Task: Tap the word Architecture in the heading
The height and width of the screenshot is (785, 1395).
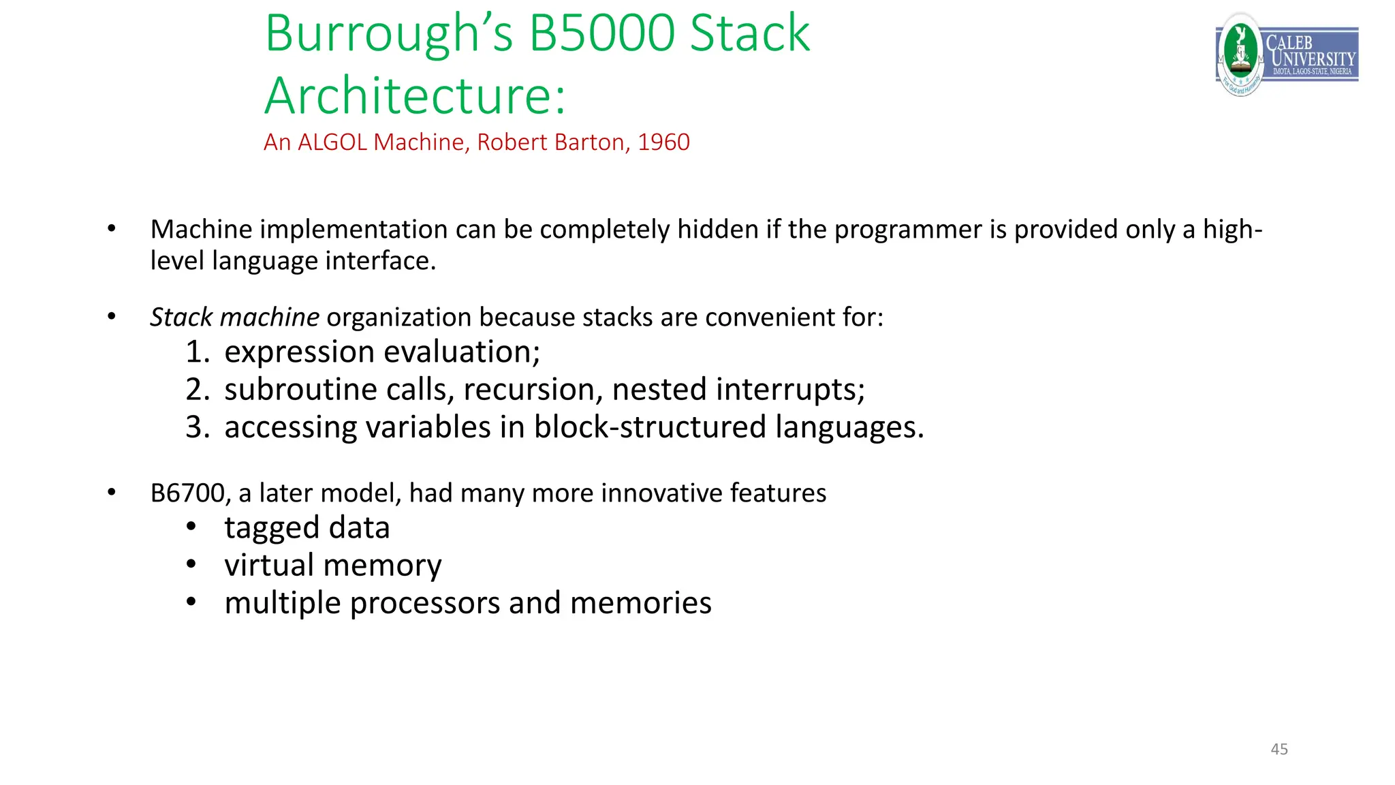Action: pyautogui.click(x=415, y=95)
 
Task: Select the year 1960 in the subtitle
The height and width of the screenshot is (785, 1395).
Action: pyautogui.click(x=663, y=142)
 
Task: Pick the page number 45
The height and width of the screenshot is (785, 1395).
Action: pyautogui.click(x=1279, y=749)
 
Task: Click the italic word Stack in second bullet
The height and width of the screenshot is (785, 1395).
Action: pyautogui.click(x=181, y=317)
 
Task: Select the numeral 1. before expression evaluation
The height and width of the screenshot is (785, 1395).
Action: pyautogui.click(x=198, y=352)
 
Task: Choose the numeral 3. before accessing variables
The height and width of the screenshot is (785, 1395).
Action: pyautogui.click(x=198, y=427)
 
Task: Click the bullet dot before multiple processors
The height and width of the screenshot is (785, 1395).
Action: pyautogui.click(x=191, y=602)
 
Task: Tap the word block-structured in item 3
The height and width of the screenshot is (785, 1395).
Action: pyautogui.click(x=650, y=427)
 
